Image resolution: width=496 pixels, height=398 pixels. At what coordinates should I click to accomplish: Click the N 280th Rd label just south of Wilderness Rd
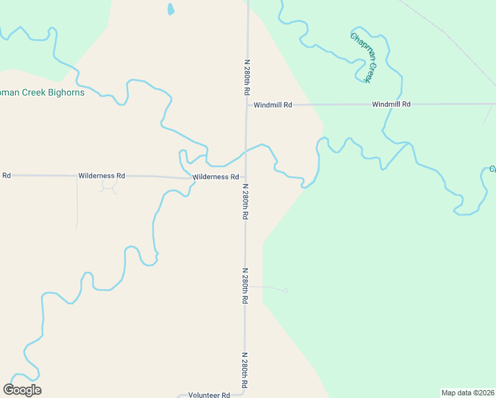pos(245,202)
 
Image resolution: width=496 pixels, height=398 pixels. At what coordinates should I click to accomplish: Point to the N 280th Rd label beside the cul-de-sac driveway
pos(245,286)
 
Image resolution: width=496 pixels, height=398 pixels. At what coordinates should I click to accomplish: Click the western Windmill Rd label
pos(273,105)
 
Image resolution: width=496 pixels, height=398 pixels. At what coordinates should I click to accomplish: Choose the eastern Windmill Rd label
pos(391,104)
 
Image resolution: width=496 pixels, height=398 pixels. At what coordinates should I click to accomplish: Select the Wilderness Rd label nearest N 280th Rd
pos(216,177)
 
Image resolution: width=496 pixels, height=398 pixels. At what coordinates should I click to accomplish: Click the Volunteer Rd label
pos(209,395)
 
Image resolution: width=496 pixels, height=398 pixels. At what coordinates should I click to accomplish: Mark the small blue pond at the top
pos(170,9)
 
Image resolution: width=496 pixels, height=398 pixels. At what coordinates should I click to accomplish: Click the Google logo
pos(23,389)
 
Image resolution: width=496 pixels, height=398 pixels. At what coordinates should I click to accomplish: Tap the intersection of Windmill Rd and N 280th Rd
pos(247,105)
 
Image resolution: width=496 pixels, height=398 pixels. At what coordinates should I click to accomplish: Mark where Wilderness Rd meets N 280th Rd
pos(245,177)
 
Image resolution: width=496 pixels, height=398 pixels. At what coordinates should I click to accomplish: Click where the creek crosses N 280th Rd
pos(246,151)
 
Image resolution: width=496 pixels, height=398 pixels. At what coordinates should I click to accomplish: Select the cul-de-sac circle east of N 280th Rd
pos(286,291)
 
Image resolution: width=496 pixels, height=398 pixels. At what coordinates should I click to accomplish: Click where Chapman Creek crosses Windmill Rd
pos(392,105)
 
